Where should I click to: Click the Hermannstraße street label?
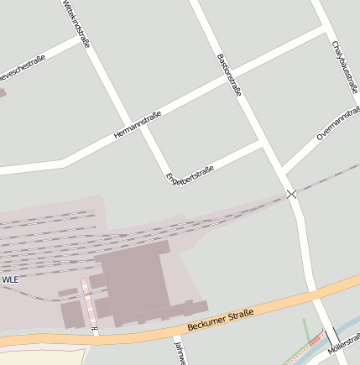coord(137,127)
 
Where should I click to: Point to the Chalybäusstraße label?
coord(344,63)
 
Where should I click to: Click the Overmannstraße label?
coord(338,123)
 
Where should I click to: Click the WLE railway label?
coord(10,279)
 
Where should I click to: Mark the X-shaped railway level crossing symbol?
coord(292,194)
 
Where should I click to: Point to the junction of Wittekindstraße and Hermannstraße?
coord(130,123)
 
